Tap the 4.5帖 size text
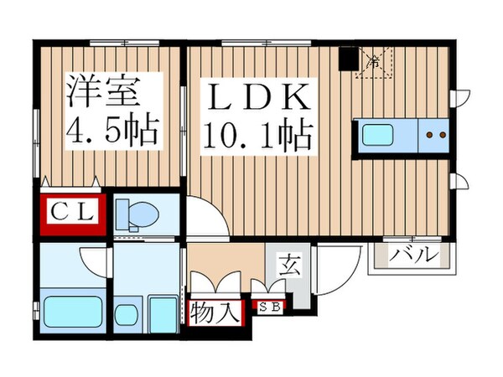click(x=111, y=131)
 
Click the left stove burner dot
click(x=429, y=133)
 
